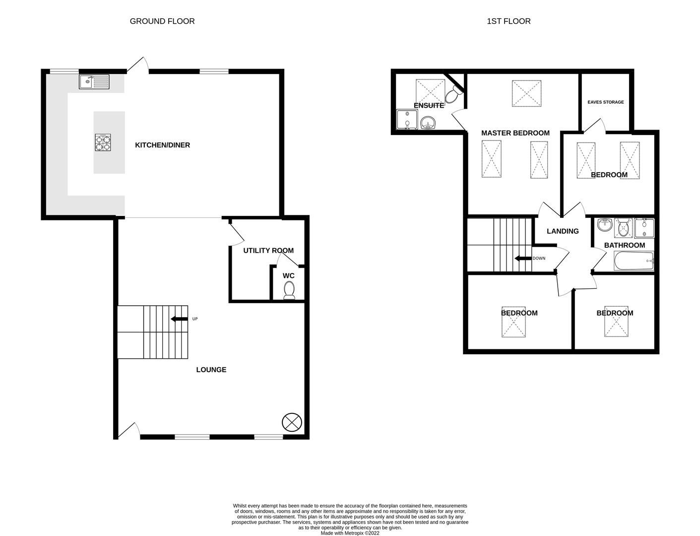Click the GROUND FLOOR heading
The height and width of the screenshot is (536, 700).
point(162,21)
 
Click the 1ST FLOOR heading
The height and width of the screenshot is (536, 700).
point(509,21)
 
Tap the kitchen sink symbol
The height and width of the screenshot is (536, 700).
point(94,81)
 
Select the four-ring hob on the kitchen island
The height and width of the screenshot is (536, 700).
point(104,143)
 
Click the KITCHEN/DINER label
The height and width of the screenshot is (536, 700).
point(162,145)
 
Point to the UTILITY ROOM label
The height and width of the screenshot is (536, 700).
point(268,251)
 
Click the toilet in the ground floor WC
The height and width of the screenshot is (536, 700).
point(289,290)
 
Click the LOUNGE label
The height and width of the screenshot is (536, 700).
point(211,370)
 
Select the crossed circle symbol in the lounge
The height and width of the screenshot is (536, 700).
point(292,422)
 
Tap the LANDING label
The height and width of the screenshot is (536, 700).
point(563,231)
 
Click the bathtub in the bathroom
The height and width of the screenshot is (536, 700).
point(634,261)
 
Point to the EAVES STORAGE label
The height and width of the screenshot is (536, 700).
point(605,102)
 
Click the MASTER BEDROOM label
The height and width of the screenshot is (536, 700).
point(515,133)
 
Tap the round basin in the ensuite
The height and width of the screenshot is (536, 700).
point(427,122)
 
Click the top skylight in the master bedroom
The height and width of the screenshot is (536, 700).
point(526,93)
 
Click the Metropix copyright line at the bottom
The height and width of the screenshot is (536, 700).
point(350,533)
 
